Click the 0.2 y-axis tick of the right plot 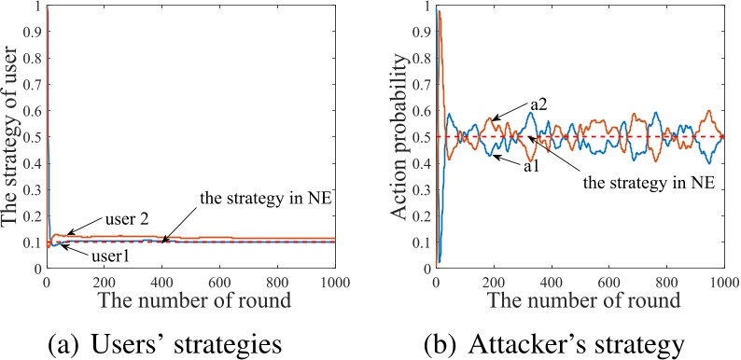(422, 215)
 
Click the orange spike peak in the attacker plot (440, 11)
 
